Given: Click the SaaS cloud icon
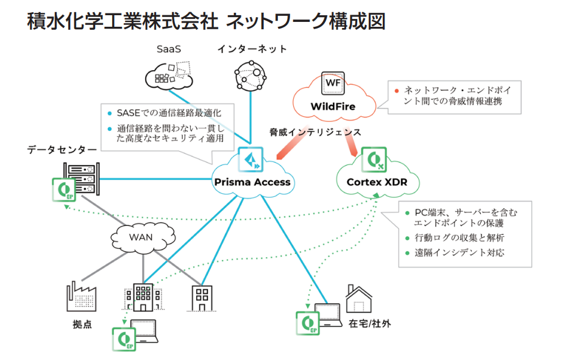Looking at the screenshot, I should (169, 76).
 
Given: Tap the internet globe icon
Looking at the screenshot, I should (251, 77).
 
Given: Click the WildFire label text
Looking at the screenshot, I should (332, 107).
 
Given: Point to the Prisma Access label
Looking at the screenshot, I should (252, 182).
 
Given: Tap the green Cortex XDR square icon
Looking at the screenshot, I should (374, 160).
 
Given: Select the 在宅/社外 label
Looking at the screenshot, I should (371, 324).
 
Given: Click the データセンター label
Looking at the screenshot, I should (62, 149).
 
